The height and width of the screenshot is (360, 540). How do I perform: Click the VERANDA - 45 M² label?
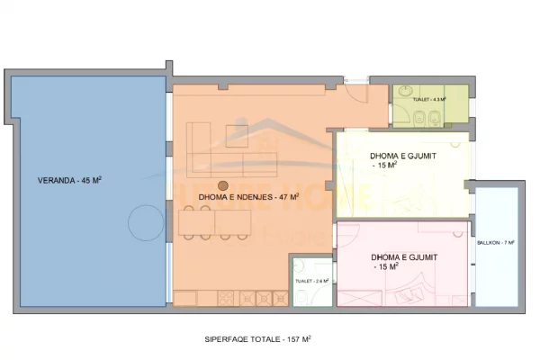pyautogui.click(x=68, y=180)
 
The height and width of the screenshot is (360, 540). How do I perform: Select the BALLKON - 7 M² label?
pyautogui.click(x=496, y=243)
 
